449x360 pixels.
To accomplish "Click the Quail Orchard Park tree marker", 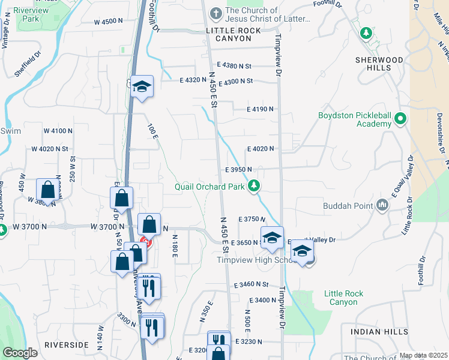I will click(255, 186).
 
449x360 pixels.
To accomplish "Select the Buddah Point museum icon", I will click(382, 206).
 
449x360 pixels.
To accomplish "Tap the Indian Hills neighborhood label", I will click(375, 332).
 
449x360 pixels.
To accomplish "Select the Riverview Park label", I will click(30, 15).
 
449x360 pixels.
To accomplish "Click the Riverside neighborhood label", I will click(66, 345).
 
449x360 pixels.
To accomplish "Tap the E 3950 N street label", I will click(238, 170).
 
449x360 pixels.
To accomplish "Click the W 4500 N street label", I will click(112, 22).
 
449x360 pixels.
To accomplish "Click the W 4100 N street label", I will click(58, 130).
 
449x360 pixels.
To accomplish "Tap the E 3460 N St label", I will click(251, 284).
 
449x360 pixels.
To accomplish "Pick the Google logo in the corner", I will click(20, 353).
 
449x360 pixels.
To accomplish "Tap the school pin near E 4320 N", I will click(142, 86).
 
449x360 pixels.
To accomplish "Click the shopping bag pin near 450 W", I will click(47, 190).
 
